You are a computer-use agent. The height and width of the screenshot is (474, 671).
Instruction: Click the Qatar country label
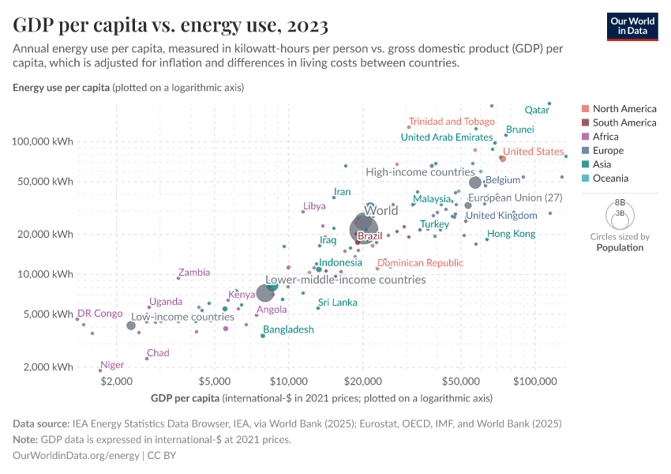point(537,111)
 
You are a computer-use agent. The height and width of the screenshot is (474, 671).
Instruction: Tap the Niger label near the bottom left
point(112,365)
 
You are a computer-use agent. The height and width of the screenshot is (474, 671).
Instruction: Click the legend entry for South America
point(624,122)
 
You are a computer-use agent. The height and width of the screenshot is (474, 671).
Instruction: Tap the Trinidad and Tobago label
point(452,122)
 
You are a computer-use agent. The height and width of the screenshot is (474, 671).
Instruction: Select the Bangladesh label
point(288,329)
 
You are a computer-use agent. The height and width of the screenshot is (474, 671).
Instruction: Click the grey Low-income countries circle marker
point(131,325)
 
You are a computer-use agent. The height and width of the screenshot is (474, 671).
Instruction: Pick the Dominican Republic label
point(420,263)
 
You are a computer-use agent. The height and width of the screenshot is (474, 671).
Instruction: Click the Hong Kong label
point(511,234)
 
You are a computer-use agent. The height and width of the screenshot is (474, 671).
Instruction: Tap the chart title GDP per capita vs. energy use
point(171,25)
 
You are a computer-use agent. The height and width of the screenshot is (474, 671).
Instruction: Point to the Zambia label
point(193,273)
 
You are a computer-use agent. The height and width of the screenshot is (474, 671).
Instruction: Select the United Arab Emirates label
point(447,137)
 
